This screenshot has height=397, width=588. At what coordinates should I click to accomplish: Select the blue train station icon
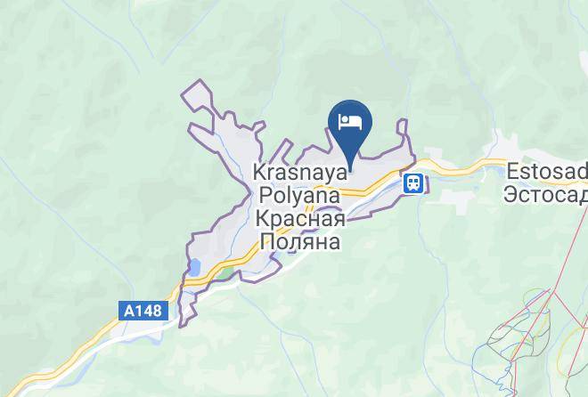[413, 183]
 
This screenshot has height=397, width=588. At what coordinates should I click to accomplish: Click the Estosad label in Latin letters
[547, 171]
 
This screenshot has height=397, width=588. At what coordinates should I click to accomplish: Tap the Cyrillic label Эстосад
[547, 193]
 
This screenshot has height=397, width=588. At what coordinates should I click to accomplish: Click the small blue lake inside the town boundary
[194, 266]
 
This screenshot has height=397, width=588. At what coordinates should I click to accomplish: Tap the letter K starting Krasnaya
[259, 172]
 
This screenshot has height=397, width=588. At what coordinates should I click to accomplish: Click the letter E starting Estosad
[511, 171]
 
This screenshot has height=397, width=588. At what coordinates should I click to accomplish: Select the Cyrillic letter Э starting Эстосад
[510, 193]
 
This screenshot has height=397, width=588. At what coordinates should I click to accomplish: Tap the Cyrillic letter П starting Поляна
[265, 240]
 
